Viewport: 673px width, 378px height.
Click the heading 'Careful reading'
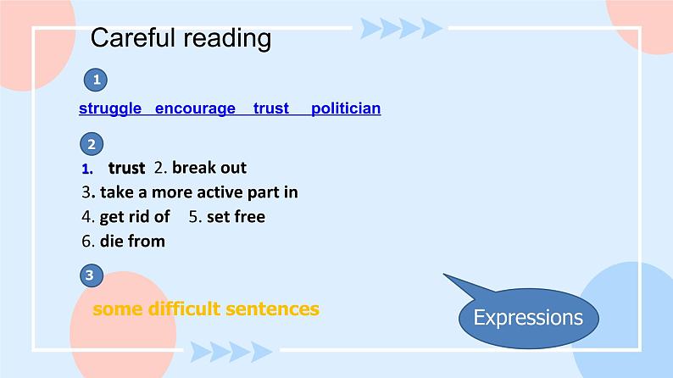coord(181,38)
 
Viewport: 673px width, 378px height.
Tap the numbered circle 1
coord(97,81)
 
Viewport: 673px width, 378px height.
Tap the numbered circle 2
coord(92,143)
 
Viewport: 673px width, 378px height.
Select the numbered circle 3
coord(92,275)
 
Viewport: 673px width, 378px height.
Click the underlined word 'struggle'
coord(110,108)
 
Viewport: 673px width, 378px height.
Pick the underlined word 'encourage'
coord(195,108)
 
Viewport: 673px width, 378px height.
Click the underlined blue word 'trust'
coord(270,108)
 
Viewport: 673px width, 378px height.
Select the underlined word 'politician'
coord(346,108)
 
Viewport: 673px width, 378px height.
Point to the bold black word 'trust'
coord(126,168)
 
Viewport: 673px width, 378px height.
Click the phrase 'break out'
coord(209,168)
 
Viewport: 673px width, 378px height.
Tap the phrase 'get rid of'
coord(135,217)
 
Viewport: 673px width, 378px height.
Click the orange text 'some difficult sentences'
coord(206,309)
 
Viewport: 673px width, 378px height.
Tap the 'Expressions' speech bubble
coord(527,319)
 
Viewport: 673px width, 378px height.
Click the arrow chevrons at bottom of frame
coord(231,351)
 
